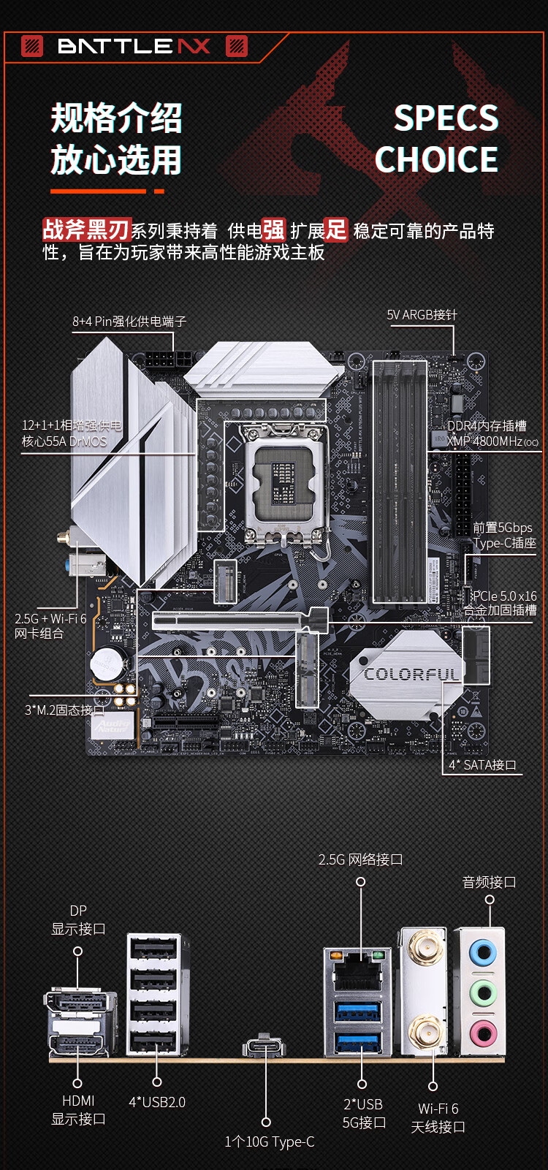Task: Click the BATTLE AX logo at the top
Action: (134, 46)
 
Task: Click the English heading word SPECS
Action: (446, 118)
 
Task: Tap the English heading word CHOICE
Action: (436, 159)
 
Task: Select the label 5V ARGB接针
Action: (422, 315)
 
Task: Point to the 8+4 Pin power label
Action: (129, 322)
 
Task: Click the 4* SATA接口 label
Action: (482, 765)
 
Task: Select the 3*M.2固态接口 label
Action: (64, 710)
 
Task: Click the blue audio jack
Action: (482, 953)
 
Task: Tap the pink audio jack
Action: (482, 1033)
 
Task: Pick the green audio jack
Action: (482, 993)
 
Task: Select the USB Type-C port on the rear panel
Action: (265, 1046)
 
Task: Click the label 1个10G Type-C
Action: (270, 1141)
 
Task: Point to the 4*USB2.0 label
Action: (157, 1102)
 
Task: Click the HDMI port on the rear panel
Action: (78, 1045)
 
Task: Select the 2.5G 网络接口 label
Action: (360, 859)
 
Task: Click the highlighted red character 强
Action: (274, 230)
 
